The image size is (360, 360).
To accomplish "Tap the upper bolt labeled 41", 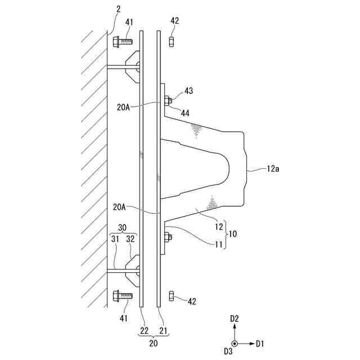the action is tap(122, 41).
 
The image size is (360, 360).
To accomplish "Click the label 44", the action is tap(185, 113).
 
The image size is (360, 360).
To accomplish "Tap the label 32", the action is tap(130, 239).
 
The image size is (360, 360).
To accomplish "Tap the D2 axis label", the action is tap(236, 318).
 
